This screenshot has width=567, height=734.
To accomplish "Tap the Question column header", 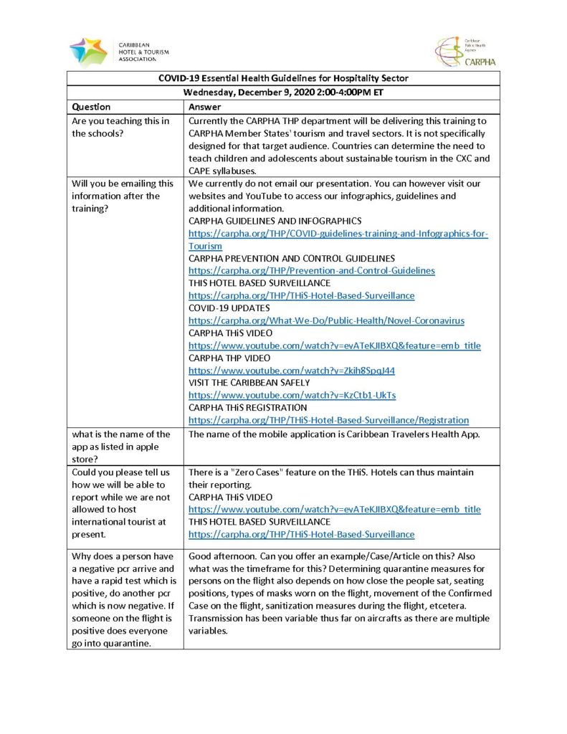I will pyautogui.click(x=91, y=107).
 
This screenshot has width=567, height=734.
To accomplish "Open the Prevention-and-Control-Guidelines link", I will pyautogui.click(x=311, y=270).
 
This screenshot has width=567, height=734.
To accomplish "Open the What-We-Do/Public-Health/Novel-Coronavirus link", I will pyautogui.click(x=326, y=320).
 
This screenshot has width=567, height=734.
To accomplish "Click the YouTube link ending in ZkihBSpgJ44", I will pyautogui.click(x=291, y=371).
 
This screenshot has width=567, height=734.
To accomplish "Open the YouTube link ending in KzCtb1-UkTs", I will pyautogui.click(x=292, y=395).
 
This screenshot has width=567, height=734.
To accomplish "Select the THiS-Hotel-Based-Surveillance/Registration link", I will pyautogui.click(x=328, y=420).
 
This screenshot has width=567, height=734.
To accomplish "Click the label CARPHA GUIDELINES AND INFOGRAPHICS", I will pyautogui.click(x=275, y=221).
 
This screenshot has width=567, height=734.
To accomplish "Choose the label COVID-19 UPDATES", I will pyautogui.click(x=229, y=308).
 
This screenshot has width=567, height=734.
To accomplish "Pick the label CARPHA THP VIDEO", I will pyautogui.click(x=229, y=358).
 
